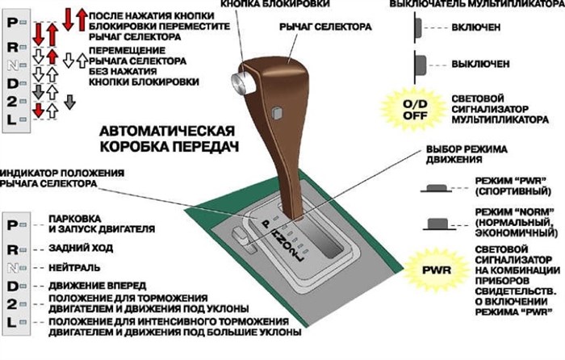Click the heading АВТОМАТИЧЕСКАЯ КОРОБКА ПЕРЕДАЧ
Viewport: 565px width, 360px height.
[167, 138]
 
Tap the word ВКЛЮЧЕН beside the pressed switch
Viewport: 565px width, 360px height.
[476, 27]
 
